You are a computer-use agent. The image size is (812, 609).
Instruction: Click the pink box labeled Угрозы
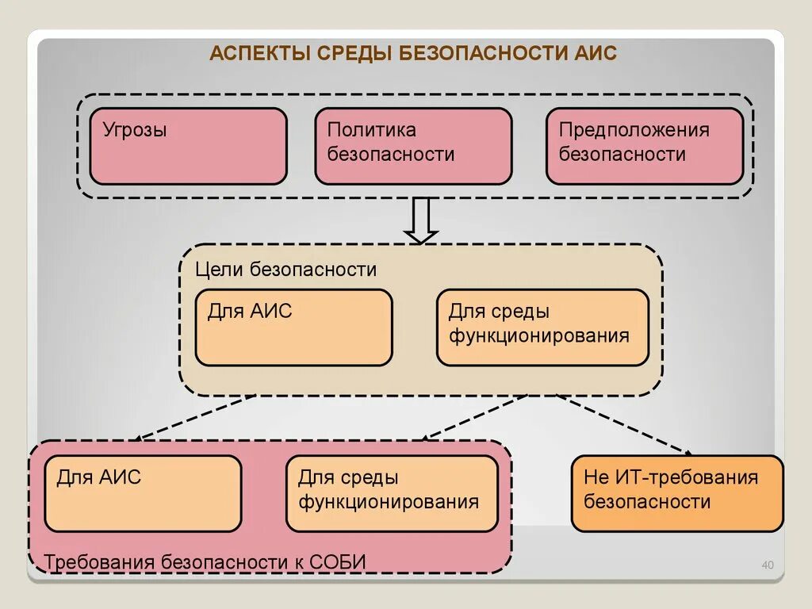point(188,146)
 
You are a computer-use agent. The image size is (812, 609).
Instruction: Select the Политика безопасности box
point(413,146)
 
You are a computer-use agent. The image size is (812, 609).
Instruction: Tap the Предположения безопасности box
point(644,146)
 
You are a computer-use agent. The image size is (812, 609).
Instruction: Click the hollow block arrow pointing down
point(420,220)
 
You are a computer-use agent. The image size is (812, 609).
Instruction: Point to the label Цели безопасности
point(285,270)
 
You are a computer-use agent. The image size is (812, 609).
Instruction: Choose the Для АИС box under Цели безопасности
point(293,327)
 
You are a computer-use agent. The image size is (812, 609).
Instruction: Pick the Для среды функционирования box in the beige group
point(542,327)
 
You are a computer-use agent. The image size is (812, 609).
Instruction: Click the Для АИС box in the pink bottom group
point(143,493)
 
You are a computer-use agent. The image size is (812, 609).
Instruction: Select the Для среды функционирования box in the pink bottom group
point(392,493)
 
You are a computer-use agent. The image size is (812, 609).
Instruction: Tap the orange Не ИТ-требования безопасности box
point(676,493)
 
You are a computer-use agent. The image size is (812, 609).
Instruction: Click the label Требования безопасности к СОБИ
point(205,562)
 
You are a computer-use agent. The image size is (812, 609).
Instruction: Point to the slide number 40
point(767,565)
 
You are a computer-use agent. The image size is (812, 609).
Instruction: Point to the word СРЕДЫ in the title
point(354,55)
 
